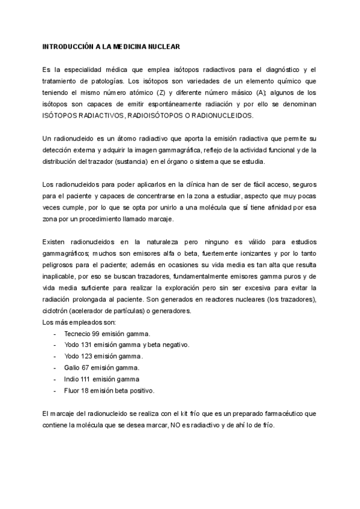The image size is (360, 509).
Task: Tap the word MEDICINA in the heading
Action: point(121,46)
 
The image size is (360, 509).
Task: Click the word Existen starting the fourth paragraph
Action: point(56,241)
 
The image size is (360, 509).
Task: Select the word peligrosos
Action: point(61,264)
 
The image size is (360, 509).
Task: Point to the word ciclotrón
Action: point(57,310)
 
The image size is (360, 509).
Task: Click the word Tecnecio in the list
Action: point(78,333)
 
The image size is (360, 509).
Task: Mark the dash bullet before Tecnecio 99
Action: point(55,333)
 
